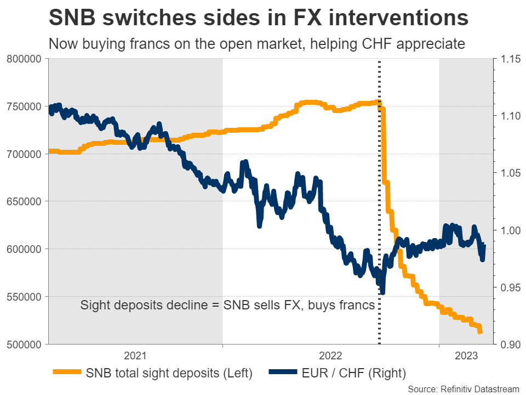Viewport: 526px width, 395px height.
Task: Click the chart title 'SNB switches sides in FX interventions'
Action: tap(258, 18)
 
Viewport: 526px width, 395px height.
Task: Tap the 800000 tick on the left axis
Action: tap(25, 59)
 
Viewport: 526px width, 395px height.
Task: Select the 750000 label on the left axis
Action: tap(25, 106)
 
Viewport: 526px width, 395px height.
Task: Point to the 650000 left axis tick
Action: tap(25, 201)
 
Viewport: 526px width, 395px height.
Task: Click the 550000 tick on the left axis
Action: tap(25, 297)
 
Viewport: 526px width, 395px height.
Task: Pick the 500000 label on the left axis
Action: tap(25, 345)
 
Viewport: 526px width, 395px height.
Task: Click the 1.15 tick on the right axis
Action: tap(507, 59)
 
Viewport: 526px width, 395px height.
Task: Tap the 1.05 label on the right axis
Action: tap(507, 173)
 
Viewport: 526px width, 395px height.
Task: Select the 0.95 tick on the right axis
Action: tap(507, 287)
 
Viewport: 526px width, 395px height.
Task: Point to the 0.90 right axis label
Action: tap(507, 345)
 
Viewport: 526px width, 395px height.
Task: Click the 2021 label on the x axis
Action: tap(135, 356)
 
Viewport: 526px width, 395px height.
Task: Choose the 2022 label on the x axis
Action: tap(330, 356)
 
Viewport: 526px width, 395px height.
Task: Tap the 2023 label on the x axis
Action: tap(464, 356)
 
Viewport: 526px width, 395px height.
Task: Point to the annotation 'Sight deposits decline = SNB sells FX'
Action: tap(227, 306)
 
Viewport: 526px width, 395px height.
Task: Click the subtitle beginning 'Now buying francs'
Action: tap(257, 44)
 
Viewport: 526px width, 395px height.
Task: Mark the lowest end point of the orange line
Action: tap(481, 332)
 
